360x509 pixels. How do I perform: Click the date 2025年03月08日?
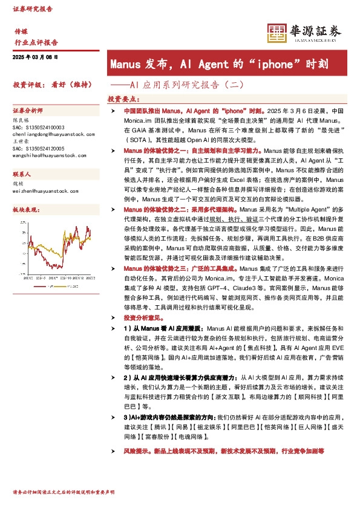coord(34,57)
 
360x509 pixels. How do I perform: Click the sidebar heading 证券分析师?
coord(28,111)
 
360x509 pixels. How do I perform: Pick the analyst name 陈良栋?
coord(21,120)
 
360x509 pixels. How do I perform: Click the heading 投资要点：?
coord(123,99)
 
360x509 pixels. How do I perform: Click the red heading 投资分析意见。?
coord(143,317)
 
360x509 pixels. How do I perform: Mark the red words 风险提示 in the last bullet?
coord(135,451)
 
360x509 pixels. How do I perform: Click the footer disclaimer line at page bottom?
coord(64,493)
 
